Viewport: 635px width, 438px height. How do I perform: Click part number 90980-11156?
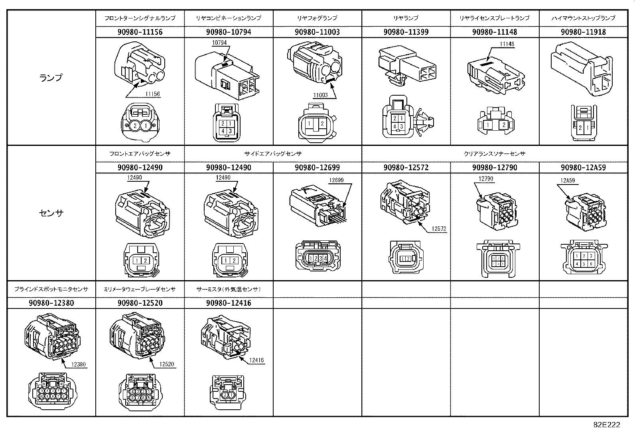[140, 32]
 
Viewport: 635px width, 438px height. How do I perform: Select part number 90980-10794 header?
[229, 32]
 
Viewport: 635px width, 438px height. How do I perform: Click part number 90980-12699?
[317, 167]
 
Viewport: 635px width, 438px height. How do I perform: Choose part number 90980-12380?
[51, 303]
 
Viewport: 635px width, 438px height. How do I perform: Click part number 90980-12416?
[229, 303]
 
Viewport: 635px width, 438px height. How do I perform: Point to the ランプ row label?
[51, 78]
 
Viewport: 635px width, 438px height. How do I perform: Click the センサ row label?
[51, 213]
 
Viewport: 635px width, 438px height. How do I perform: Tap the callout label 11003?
[320, 95]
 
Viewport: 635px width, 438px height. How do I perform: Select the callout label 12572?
[439, 229]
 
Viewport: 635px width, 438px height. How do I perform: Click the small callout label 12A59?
[568, 181]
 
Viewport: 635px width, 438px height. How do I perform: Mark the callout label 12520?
[166, 364]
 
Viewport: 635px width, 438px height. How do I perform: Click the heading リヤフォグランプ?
[317, 18]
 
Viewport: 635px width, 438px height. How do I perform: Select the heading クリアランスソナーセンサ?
[494, 153]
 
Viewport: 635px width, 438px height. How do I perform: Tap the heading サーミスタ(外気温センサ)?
[229, 289]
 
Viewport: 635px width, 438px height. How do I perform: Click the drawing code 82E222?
[606, 425]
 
